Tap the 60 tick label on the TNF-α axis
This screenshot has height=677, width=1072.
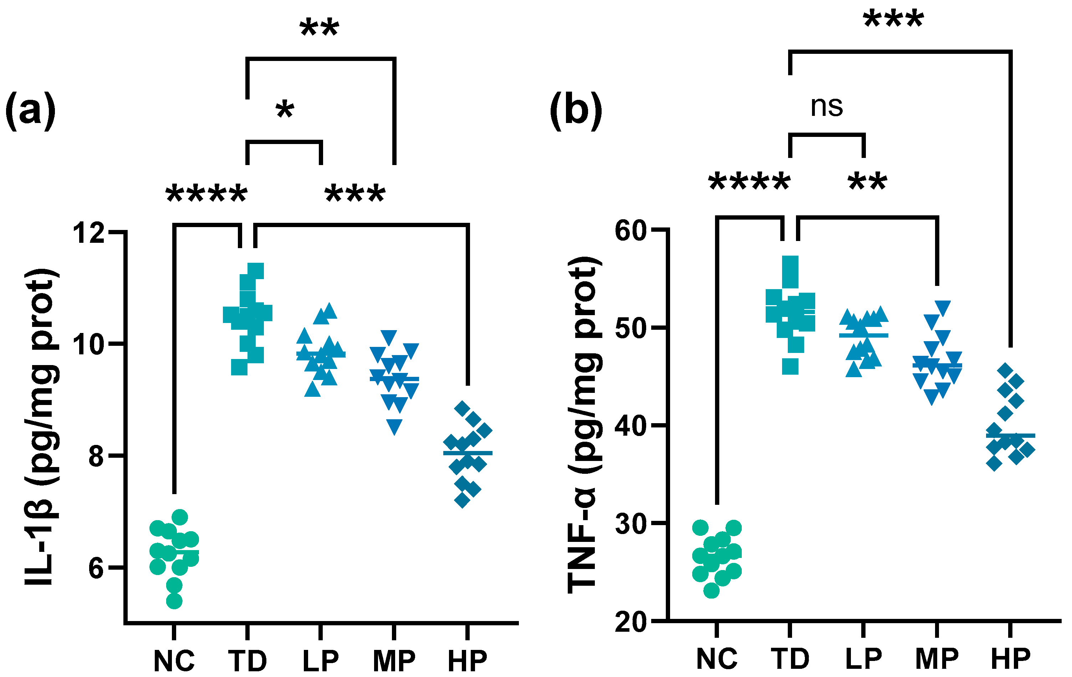tap(630, 231)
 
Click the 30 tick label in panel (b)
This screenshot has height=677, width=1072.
tap(630, 524)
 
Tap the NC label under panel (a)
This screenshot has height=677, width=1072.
tap(174, 661)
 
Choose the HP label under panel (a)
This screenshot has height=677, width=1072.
tap(468, 661)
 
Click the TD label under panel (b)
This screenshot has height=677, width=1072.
tap(790, 659)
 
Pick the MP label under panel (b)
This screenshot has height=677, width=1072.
tap(937, 659)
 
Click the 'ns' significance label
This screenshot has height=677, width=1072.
tap(827, 107)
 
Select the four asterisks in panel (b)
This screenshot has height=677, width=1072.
tap(749, 183)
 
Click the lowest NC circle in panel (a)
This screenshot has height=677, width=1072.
tap(174, 601)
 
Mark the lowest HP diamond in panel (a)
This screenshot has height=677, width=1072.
tap(462, 500)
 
